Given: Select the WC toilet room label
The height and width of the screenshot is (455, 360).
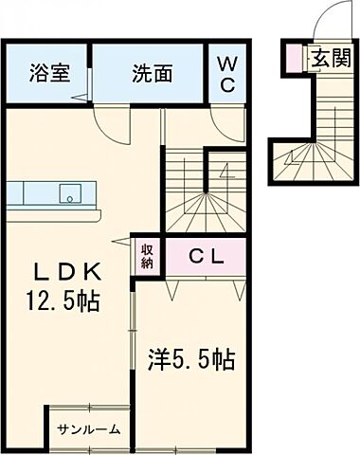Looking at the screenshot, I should click(228, 73).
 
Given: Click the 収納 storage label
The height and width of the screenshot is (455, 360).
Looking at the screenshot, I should click(148, 253).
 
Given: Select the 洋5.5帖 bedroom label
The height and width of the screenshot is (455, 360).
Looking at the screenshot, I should click(189, 359).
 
